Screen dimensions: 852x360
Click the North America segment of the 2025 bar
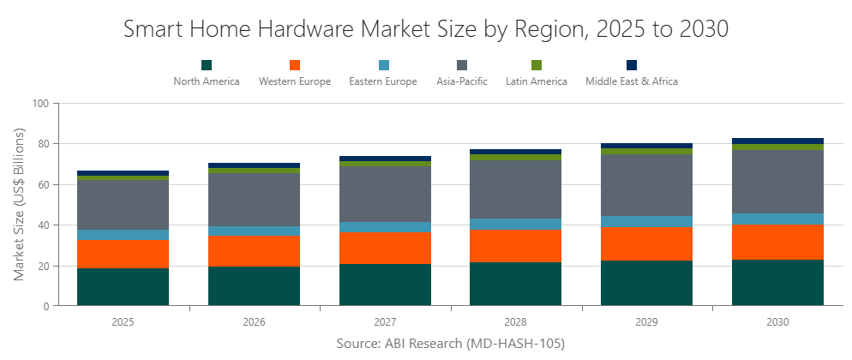pos(123,287)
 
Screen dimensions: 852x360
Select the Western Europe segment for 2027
pos(385,249)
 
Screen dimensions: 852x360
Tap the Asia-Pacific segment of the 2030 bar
pos(777,182)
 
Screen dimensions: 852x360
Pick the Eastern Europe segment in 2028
pos(516,225)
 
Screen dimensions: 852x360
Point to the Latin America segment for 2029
pos(646,151)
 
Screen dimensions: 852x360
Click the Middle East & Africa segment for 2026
pos(254,165)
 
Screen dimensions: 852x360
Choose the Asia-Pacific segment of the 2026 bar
pos(254,200)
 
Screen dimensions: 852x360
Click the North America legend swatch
pos(207,65)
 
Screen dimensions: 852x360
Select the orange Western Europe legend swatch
pos(295,65)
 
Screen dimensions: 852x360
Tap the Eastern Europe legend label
pos(383,81)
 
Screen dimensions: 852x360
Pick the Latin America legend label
pos(537,81)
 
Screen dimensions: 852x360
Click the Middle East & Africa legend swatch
pos(632,65)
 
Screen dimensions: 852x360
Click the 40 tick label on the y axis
pos(45,225)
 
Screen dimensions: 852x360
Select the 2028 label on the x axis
pos(516,322)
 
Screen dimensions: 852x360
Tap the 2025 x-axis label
pos(123,322)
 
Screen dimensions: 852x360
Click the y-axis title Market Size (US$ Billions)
pos(20,205)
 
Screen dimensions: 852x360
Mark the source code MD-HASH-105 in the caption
pos(519,344)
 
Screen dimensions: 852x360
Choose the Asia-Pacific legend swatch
pos(462,65)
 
